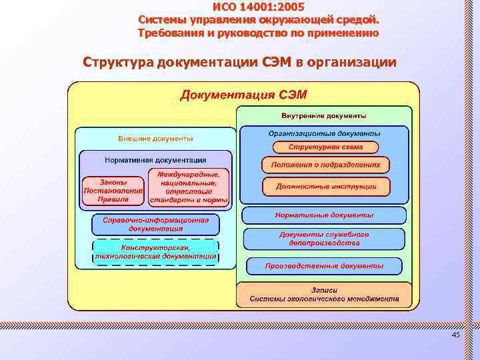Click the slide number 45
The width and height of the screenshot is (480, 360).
click(456, 335)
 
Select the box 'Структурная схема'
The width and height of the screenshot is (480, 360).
click(324, 147)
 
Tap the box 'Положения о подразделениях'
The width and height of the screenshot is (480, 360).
click(325, 164)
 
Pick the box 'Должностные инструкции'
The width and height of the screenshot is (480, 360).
click(325, 187)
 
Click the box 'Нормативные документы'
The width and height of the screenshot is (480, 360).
click(324, 215)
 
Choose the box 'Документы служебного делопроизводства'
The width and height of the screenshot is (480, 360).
click(324, 239)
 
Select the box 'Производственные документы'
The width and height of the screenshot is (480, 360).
click(324, 266)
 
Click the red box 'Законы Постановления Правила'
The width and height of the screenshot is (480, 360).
click(113, 190)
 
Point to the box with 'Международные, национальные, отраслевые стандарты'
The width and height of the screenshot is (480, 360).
click(189, 187)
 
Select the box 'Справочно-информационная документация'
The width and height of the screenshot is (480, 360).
click(155, 224)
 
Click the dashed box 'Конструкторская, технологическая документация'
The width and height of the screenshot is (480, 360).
click(155, 251)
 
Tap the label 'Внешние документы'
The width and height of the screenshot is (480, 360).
click(155, 139)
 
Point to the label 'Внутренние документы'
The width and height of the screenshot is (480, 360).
click(324, 115)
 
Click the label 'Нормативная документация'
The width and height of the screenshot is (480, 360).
click(155, 160)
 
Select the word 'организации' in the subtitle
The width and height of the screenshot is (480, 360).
click(351, 63)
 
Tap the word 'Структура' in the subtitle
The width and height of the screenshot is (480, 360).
click(119, 63)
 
